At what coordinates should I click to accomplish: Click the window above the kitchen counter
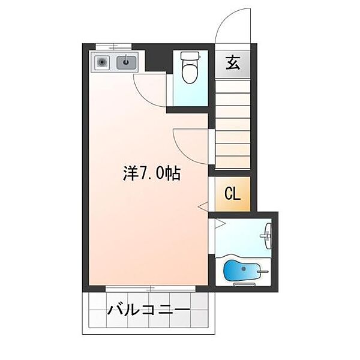[x=113, y=46]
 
